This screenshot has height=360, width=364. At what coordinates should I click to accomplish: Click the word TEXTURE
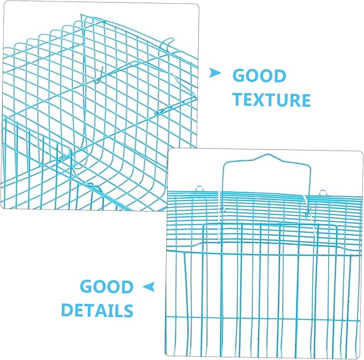coord(271,100)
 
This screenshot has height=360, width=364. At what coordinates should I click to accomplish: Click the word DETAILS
coord(97,310)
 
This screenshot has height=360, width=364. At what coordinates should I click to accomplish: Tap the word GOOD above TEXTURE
coord(259,76)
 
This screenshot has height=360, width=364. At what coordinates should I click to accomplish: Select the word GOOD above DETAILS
coord(107,287)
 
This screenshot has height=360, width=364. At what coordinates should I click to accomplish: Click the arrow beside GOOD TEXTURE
coord(214,73)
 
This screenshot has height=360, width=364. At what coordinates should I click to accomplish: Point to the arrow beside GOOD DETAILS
coord(149,287)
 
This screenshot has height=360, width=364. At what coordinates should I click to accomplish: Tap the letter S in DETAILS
coord(128,310)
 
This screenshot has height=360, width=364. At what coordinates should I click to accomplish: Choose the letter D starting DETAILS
coord(68,310)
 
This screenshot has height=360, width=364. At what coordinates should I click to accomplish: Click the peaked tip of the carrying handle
coord(266,154)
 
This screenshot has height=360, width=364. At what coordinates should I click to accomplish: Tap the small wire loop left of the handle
coord(199,189)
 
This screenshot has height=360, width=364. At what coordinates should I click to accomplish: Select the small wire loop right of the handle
coord(323,192)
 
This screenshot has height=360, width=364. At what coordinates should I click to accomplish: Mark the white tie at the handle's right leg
coord(310,215)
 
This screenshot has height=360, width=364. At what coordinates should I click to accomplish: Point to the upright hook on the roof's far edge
coord(167,43)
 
